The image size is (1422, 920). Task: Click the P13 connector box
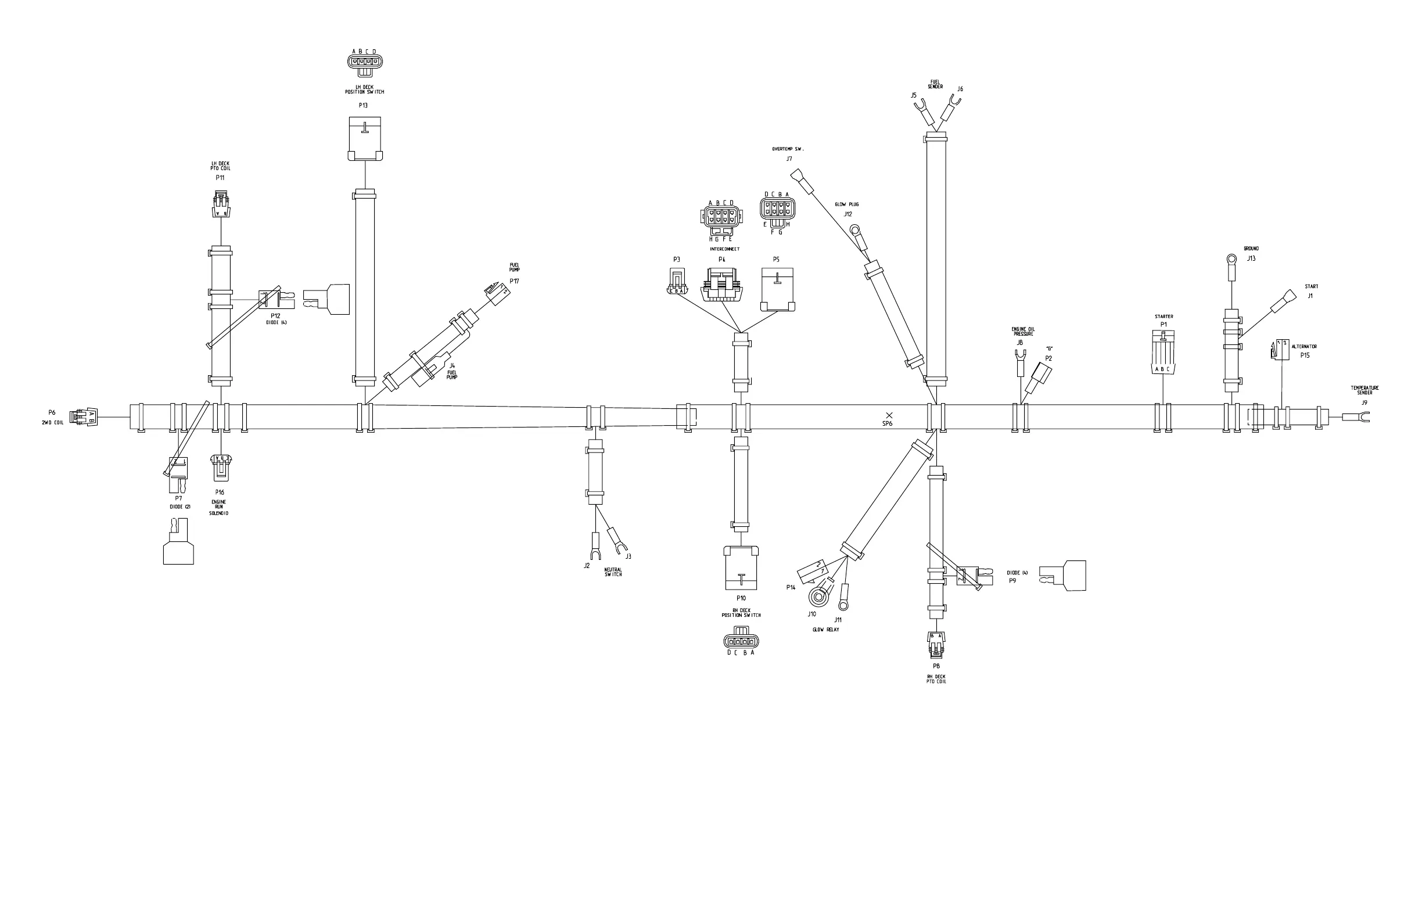point(364,139)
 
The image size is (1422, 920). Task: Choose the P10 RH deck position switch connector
point(741,567)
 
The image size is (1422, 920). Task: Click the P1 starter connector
point(1164,353)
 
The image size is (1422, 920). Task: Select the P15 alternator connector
point(1278,350)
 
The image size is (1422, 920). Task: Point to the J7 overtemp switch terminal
point(801,182)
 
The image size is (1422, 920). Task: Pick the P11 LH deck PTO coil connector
point(221,204)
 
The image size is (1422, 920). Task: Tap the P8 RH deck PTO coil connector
point(936,645)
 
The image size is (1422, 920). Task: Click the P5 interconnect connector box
point(777,289)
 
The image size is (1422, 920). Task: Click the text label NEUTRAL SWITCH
point(613,572)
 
